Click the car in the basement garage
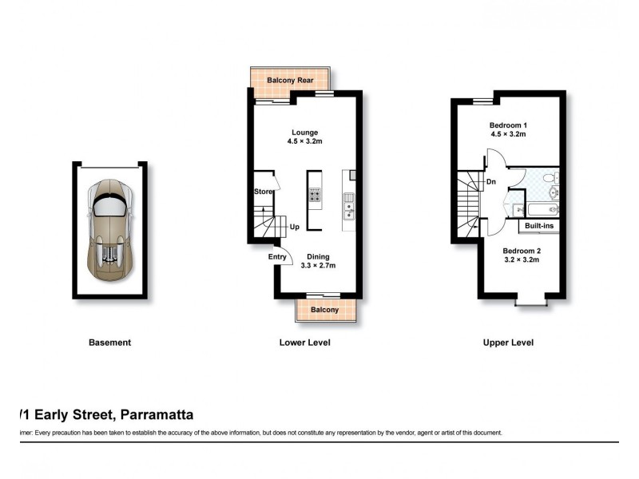[x=110, y=230]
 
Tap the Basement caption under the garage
[x=109, y=342]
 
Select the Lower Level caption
[x=304, y=342]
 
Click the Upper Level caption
[x=508, y=342]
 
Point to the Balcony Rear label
[x=290, y=81]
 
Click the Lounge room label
[x=304, y=133]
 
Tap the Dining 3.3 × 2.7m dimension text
[x=317, y=267]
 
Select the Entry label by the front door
[x=277, y=256]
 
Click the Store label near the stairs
[x=263, y=192]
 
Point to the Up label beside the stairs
[x=294, y=227]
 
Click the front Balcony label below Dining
[x=324, y=310]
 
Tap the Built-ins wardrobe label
[x=539, y=226]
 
